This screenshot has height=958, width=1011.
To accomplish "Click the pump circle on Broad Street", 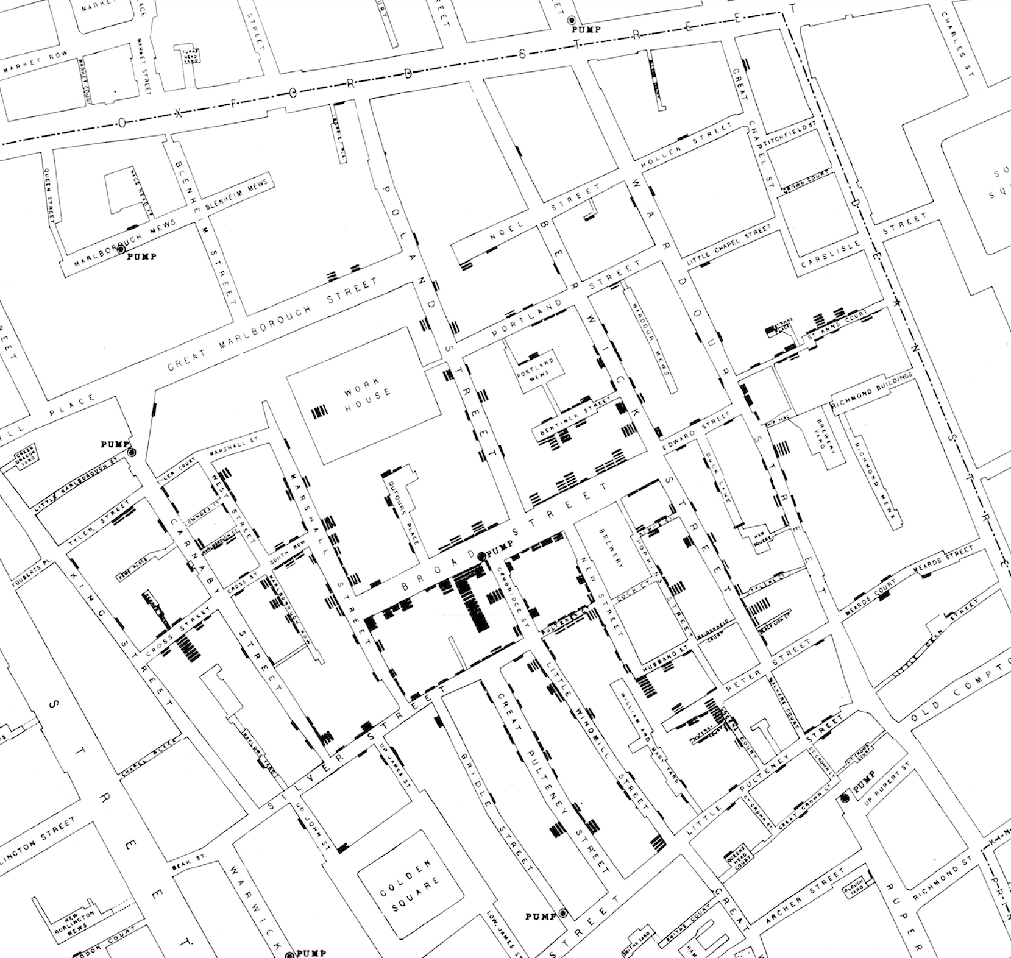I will (481, 556).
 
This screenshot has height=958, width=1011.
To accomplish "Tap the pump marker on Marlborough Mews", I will (121, 249).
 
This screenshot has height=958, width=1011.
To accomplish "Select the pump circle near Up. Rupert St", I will (845, 798).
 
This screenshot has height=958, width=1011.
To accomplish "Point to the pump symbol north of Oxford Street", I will (571, 20).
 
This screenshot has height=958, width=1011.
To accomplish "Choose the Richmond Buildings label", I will (873, 392).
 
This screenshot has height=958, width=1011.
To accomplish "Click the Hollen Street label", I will (687, 144).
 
